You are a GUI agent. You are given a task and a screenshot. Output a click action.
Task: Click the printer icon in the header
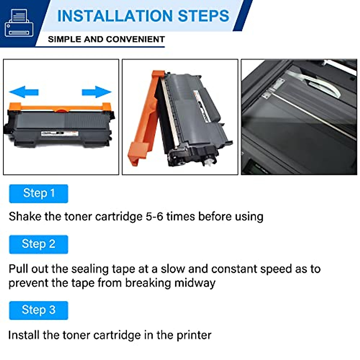pos(19,23)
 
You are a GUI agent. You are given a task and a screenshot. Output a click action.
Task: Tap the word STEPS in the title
pos(204,16)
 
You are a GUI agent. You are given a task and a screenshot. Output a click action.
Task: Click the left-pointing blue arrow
pos(24,91)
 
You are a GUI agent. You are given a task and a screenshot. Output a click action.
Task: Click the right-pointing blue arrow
pos(97,91)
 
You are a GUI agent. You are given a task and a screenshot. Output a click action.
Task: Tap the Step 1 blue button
pos(39,193)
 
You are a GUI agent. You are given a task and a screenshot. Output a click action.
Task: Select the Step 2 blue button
pos(39,244)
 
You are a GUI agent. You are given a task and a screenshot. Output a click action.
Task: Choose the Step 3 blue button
pos(39,310)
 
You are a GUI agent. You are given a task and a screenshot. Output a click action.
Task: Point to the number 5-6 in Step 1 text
pos(154,217)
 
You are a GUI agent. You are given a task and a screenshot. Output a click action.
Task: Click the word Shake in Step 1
pos(25,217)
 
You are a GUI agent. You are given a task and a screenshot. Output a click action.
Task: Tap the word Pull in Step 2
pos(18,269)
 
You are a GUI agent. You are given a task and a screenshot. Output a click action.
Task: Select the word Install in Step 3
pos(24,335)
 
